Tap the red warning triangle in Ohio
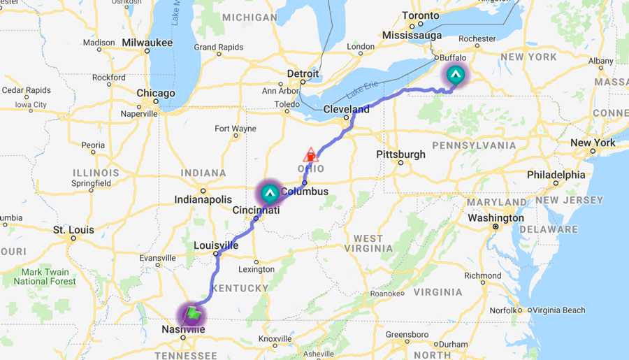coord(310,155)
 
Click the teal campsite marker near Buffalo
coord(456,73)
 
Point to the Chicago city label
coord(156,93)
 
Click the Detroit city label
coord(303,73)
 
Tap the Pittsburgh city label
coord(400,154)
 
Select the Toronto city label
coord(421,15)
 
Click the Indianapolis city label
coord(203,200)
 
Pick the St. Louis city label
coord(73,229)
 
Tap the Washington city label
coord(496,218)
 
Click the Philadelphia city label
coord(556,174)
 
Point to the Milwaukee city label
coord(147,43)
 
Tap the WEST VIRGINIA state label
coord(368,243)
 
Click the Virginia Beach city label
coord(559,310)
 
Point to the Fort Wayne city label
coord(235,129)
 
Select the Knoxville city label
coord(275,338)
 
